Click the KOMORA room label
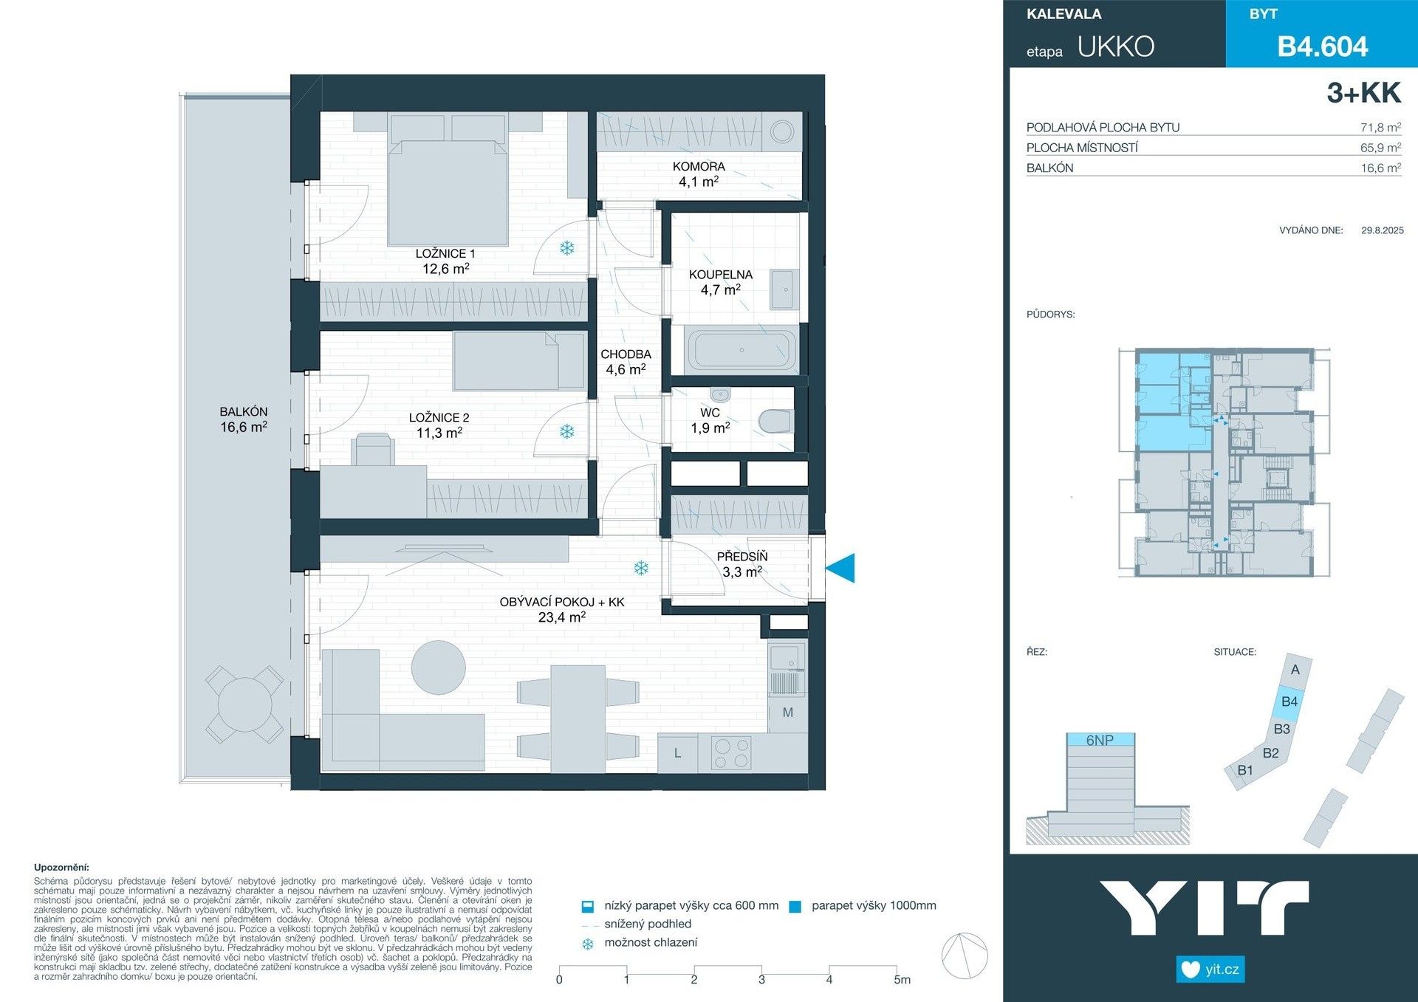pyautogui.click(x=698, y=167)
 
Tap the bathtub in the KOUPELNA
pyautogui.click(x=741, y=350)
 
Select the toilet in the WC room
pyautogui.click(x=776, y=422)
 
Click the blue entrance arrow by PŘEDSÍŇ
pyautogui.click(x=840, y=568)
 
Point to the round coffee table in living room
pyautogui.click(x=438, y=668)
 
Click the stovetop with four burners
pyautogui.click(x=730, y=754)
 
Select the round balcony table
pyautogui.click(x=244, y=704)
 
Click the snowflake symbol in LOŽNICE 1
pyautogui.click(x=566, y=248)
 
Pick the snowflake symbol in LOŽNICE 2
pyautogui.click(x=566, y=431)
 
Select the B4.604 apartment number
pyautogui.click(x=1322, y=47)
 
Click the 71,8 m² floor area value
pyautogui.click(x=1380, y=128)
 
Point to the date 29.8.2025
pyautogui.click(x=1382, y=230)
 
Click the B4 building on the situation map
pyautogui.click(x=1289, y=701)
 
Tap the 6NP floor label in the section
pyautogui.click(x=1099, y=740)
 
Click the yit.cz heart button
pyautogui.click(x=1210, y=969)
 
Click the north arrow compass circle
pyautogui.click(x=965, y=956)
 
